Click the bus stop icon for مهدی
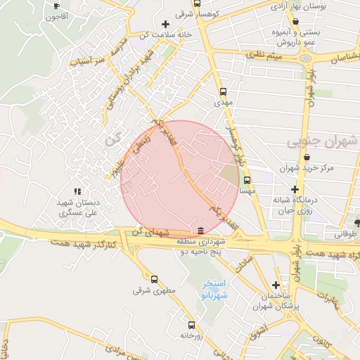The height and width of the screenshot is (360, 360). [x=224, y=91]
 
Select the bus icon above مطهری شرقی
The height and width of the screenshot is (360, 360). [x=154, y=278]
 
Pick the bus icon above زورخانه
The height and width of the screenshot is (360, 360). [x=192, y=325]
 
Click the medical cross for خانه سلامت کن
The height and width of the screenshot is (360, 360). [x=165, y=24]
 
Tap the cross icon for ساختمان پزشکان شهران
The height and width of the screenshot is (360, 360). [x=276, y=285]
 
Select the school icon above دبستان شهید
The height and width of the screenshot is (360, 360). [x=77, y=191]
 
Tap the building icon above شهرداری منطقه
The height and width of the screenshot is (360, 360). [x=202, y=231]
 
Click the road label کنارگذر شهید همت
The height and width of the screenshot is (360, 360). [x=82, y=243]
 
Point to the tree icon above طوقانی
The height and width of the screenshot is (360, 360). [x=358, y=224]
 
